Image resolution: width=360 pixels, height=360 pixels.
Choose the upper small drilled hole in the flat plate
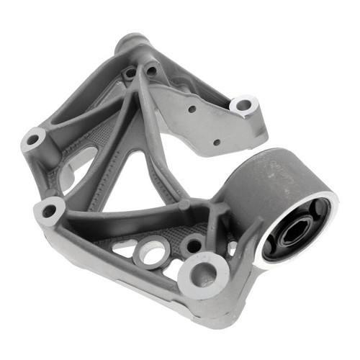(x=192, y=109)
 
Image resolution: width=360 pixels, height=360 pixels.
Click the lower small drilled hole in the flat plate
(x=217, y=142)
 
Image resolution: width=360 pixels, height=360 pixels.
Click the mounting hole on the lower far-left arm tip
(x=49, y=211)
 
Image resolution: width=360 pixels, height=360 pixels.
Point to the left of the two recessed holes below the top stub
(x=130, y=73)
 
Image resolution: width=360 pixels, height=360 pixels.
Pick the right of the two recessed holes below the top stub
(x=151, y=71)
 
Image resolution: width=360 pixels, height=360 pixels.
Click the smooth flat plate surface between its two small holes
(x=205, y=126)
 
